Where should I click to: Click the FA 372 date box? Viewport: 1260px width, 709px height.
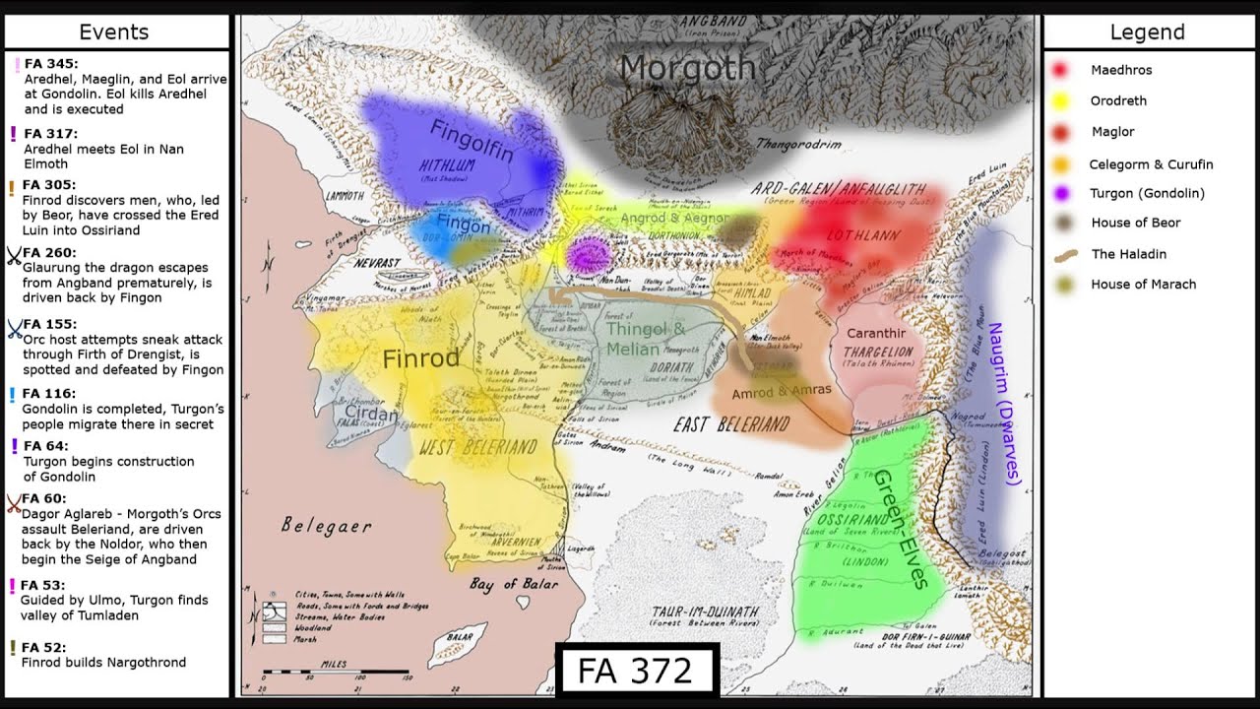click(x=637, y=671)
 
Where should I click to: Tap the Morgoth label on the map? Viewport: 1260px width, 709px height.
click(x=688, y=68)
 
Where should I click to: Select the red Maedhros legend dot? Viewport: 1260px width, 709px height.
click(x=1060, y=70)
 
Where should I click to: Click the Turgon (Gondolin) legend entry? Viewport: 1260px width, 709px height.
click(x=1147, y=193)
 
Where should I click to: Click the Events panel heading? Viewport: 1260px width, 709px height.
click(x=114, y=32)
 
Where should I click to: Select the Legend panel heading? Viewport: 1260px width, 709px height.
click(x=1147, y=32)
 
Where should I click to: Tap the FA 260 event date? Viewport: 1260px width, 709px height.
click(x=49, y=252)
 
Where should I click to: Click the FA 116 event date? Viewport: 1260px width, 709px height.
click(x=46, y=393)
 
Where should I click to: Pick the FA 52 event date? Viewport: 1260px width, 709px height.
click(x=43, y=647)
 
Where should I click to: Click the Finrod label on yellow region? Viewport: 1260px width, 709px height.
click(x=420, y=358)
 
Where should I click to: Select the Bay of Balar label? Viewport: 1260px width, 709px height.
click(x=509, y=584)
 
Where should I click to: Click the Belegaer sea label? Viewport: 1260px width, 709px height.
click(x=326, y=526)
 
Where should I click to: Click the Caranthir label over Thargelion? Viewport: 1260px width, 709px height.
click(x=875, y=334)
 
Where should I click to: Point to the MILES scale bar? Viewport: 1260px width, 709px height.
click(x=335, y=673)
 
